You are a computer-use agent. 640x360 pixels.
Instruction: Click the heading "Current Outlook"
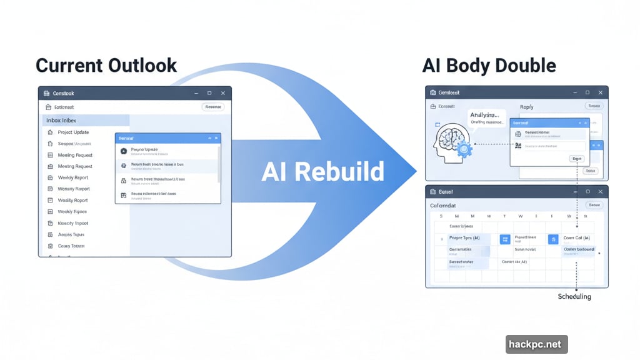click(x=106, y=66)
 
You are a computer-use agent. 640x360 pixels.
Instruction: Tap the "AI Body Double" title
click(x=489, y=66)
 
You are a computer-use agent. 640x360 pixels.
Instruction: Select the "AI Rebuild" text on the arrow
click(x=322, y=171)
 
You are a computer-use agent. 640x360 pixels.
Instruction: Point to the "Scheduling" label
click(x=574, y=296)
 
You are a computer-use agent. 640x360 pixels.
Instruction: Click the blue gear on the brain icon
click(x=464, y=149)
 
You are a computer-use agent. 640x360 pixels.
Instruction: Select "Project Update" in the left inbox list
click(x=73, y=132)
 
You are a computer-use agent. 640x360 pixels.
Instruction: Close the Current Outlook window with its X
click(x=222, y=93)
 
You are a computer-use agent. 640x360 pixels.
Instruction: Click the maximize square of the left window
click(x=209, y=93)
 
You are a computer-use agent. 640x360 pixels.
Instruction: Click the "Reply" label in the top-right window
click(x=527, y=107)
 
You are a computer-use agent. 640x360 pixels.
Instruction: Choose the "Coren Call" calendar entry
click(x=577, y=238)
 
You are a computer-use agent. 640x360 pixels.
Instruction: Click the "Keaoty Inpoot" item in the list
click(x=73, y=223)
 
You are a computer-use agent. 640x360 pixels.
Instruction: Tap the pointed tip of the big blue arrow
click(x=415, y=170)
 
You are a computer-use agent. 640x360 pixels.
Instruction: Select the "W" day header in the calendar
click(x=520, y=216)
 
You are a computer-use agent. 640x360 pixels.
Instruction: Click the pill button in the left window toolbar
click(x=213, y=107)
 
